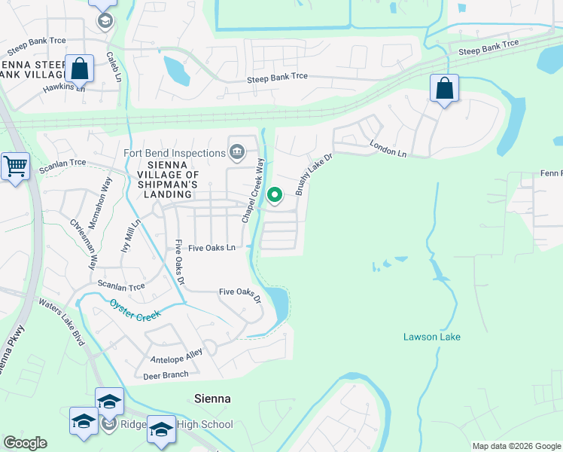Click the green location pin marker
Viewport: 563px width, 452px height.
(x=275, y=196)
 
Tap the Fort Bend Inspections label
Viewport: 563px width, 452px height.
(x=174, y=153)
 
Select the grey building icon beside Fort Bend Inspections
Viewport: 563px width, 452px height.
(x=237, y=153)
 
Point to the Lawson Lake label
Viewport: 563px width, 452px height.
(x=431, y=337)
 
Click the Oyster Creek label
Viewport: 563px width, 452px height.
(x=135, y=310)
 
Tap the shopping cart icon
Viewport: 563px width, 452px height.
(x=15, y=166)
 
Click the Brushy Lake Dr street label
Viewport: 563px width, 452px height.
(x=314, y=173)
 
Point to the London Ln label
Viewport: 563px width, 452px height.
(x=388, y=149)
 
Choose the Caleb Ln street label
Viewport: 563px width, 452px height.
(x=114, y=67)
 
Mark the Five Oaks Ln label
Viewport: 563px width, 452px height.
(x=212, y=247)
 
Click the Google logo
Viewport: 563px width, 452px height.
(x=25, y=442)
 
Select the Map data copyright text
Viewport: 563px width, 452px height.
(x=516, y=446)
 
